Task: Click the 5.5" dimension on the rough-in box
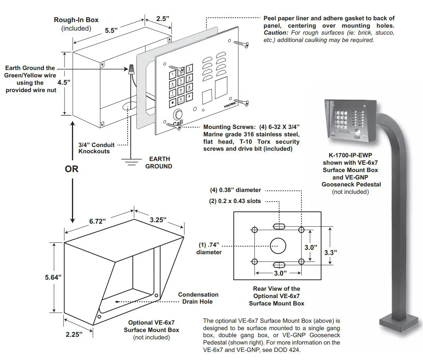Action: click(x=111, y=31)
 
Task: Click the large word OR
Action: click(x=72, y=169)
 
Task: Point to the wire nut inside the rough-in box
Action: click(x=131, y=69)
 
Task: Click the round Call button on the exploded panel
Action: click(x=178, y=114)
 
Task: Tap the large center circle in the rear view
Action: click(x=278, y=246)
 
